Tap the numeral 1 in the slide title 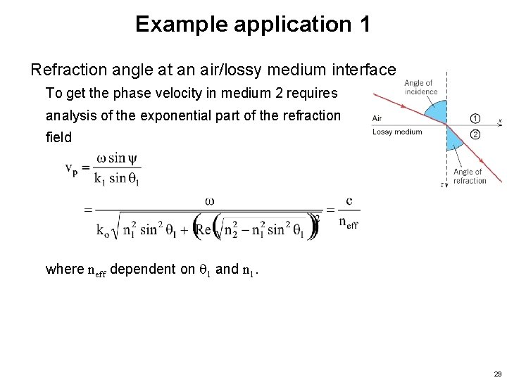[x=363, y=25]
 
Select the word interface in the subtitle [x=368, y=70]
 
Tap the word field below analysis [x=58, y=137]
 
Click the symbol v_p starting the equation [x=72, y=169]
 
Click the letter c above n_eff [x=349, y=201]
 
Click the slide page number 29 [x=498, y=373]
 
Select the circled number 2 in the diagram [x=475, y=134]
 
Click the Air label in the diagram [x=377, y=118]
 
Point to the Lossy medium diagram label [x=397, y=132]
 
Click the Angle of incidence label [x=421, y=87]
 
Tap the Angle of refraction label [x=469, y=176]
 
